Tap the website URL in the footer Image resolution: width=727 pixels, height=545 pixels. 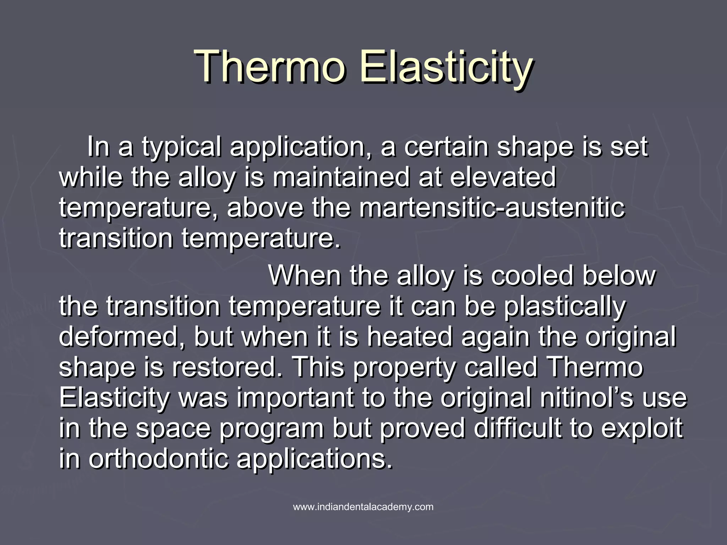point(363,507)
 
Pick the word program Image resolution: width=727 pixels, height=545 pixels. point(272,429)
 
